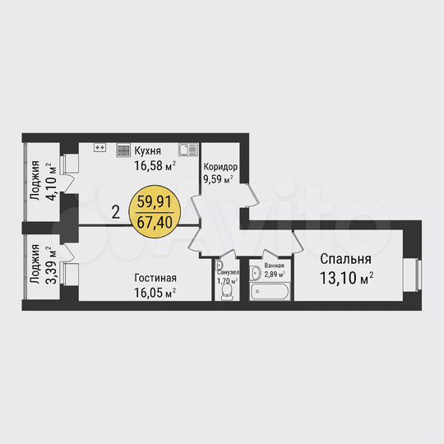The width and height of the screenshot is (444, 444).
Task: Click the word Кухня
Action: click(x=147, y=150)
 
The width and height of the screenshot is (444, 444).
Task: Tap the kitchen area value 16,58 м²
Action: click(x=155, y=164)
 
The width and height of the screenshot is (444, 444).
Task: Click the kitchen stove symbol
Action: click(x=123, y=150)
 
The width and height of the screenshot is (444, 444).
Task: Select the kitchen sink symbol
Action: click(x=187, y=150)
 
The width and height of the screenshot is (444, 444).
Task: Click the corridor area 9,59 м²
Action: click(x=219, y=176)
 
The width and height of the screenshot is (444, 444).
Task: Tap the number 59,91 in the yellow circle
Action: click(x=155, y=201)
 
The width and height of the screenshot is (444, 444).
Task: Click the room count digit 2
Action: click(x=116, y=210)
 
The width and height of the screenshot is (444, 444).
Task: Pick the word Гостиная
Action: click(x=155, y=278)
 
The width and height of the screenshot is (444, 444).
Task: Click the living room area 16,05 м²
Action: click(x=155, y=291)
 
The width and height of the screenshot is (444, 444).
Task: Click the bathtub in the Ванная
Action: click(x=271, y=292)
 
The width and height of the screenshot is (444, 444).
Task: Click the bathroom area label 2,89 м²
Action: click(x=274, y=275)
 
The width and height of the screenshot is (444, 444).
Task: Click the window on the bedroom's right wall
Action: click(x=418, y=273)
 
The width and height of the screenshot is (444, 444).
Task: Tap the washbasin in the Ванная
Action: click(x=255, y=272)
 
